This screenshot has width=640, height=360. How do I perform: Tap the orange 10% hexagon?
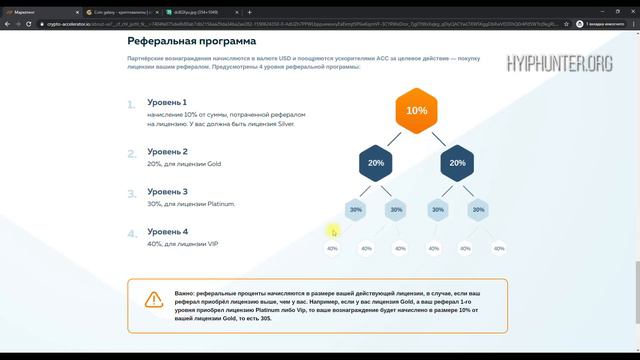(416, 111)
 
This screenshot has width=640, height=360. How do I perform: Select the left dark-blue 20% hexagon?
(376, 162)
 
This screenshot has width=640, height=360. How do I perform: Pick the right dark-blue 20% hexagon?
(457, 162)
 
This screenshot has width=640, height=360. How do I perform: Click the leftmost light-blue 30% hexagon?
(355, 210)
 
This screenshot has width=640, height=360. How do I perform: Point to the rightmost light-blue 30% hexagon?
(477, 210)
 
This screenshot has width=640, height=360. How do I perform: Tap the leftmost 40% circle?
(334, 249)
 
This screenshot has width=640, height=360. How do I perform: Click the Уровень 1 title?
(168, 103)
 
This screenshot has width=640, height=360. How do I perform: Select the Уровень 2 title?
(168, 151)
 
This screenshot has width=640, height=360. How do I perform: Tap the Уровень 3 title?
(168, 191)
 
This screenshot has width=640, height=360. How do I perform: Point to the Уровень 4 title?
(168, 231)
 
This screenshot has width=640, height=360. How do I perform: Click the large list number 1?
(132, 104)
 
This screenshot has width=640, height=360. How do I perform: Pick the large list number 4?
(132, 235)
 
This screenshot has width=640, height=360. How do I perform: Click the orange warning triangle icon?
(153, 298)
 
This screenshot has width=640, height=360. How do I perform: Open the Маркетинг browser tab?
(30, 7)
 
